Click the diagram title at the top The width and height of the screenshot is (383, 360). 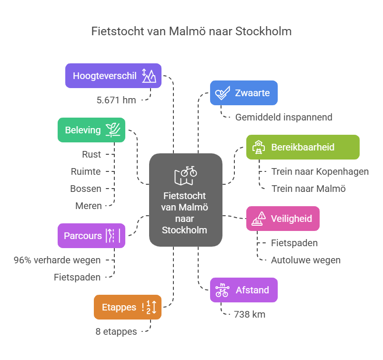tap(191, 31)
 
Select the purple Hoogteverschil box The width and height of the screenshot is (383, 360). tap(113, 76)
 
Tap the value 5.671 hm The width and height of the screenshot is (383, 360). tap(116, 100)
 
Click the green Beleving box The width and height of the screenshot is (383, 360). tap(91, 130)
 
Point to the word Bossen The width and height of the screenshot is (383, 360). tap(86, 189)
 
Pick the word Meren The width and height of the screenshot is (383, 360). tap(88, 206)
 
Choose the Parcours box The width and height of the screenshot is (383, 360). tap(91, 236)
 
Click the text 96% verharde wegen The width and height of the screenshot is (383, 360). tap(57, 260)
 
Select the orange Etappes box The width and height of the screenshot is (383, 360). tap(128, 307)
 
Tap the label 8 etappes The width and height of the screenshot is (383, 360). tap(116, 331)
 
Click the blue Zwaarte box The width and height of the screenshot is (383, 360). tap(243, 93)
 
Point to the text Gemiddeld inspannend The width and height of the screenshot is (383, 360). tap(283, 117)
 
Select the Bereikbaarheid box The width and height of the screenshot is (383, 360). tap(302, 147)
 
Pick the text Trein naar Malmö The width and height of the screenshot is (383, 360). tap(308, 189)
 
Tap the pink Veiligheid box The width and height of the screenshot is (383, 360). tap(282, 219)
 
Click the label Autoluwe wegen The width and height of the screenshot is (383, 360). tap(305, 260)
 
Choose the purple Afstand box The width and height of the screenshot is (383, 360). tap(243, 290)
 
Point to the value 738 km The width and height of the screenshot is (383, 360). tap(249, 314)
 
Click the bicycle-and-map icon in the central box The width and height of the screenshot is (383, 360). tap(186, 175)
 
